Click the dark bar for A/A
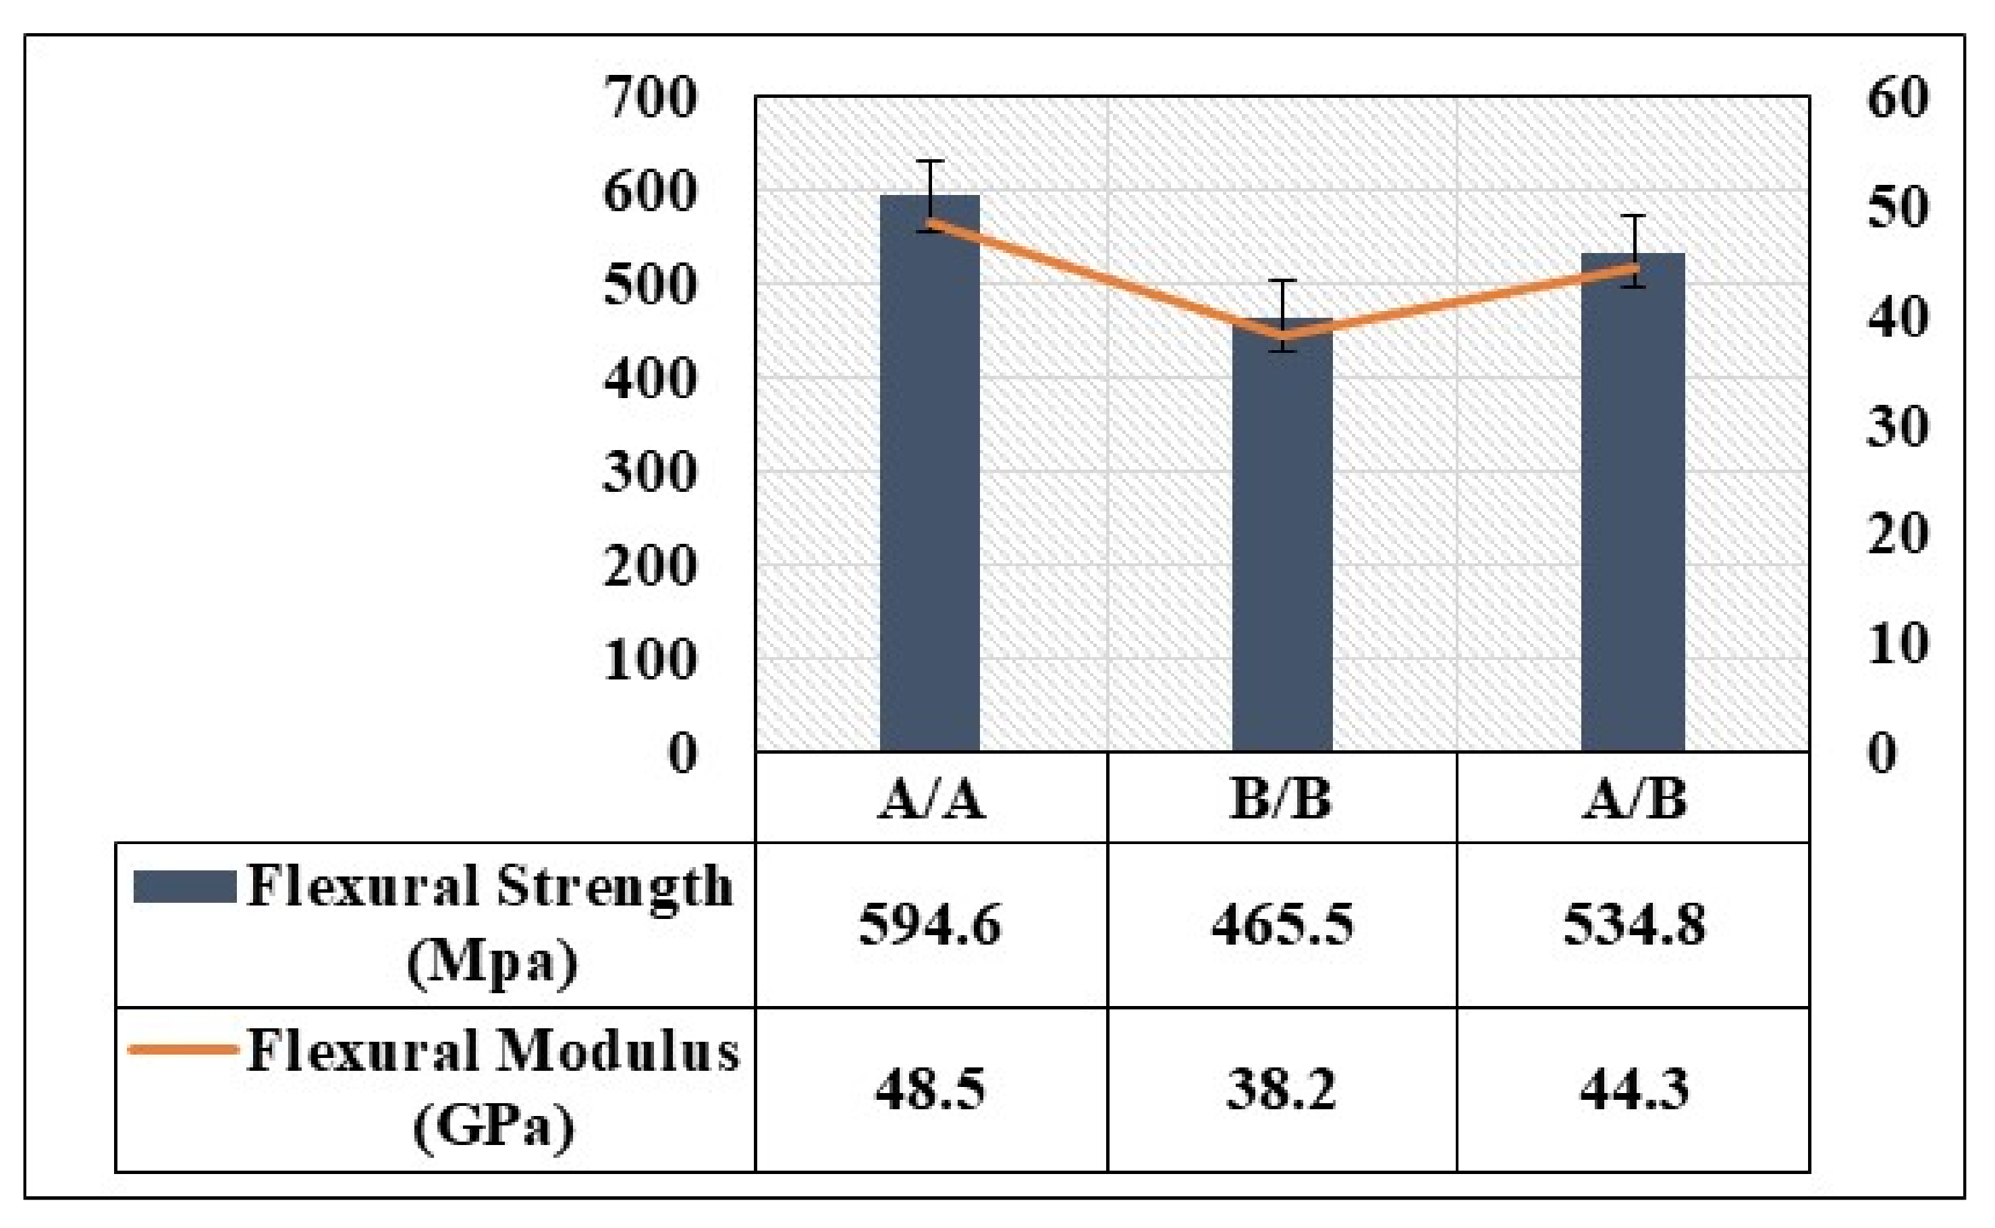click(930, 487)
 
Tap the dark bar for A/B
click(1633, 511)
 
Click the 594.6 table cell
click(930, 925)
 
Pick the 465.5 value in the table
click(1282, 925)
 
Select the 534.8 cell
click(1633, 925)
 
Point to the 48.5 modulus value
click(930, 1090)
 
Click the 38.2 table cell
click(1282, 1090)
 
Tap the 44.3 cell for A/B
click(1633, 1090)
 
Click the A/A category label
click(931, 800)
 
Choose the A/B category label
click(1633, 800)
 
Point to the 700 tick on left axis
click(650, 97)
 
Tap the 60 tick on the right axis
click(1896, 97)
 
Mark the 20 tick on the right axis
click(1896, 534)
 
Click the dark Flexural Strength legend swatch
click(184, 887)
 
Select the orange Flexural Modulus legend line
click(184, 1049)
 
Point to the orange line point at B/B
click(1282, 334)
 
